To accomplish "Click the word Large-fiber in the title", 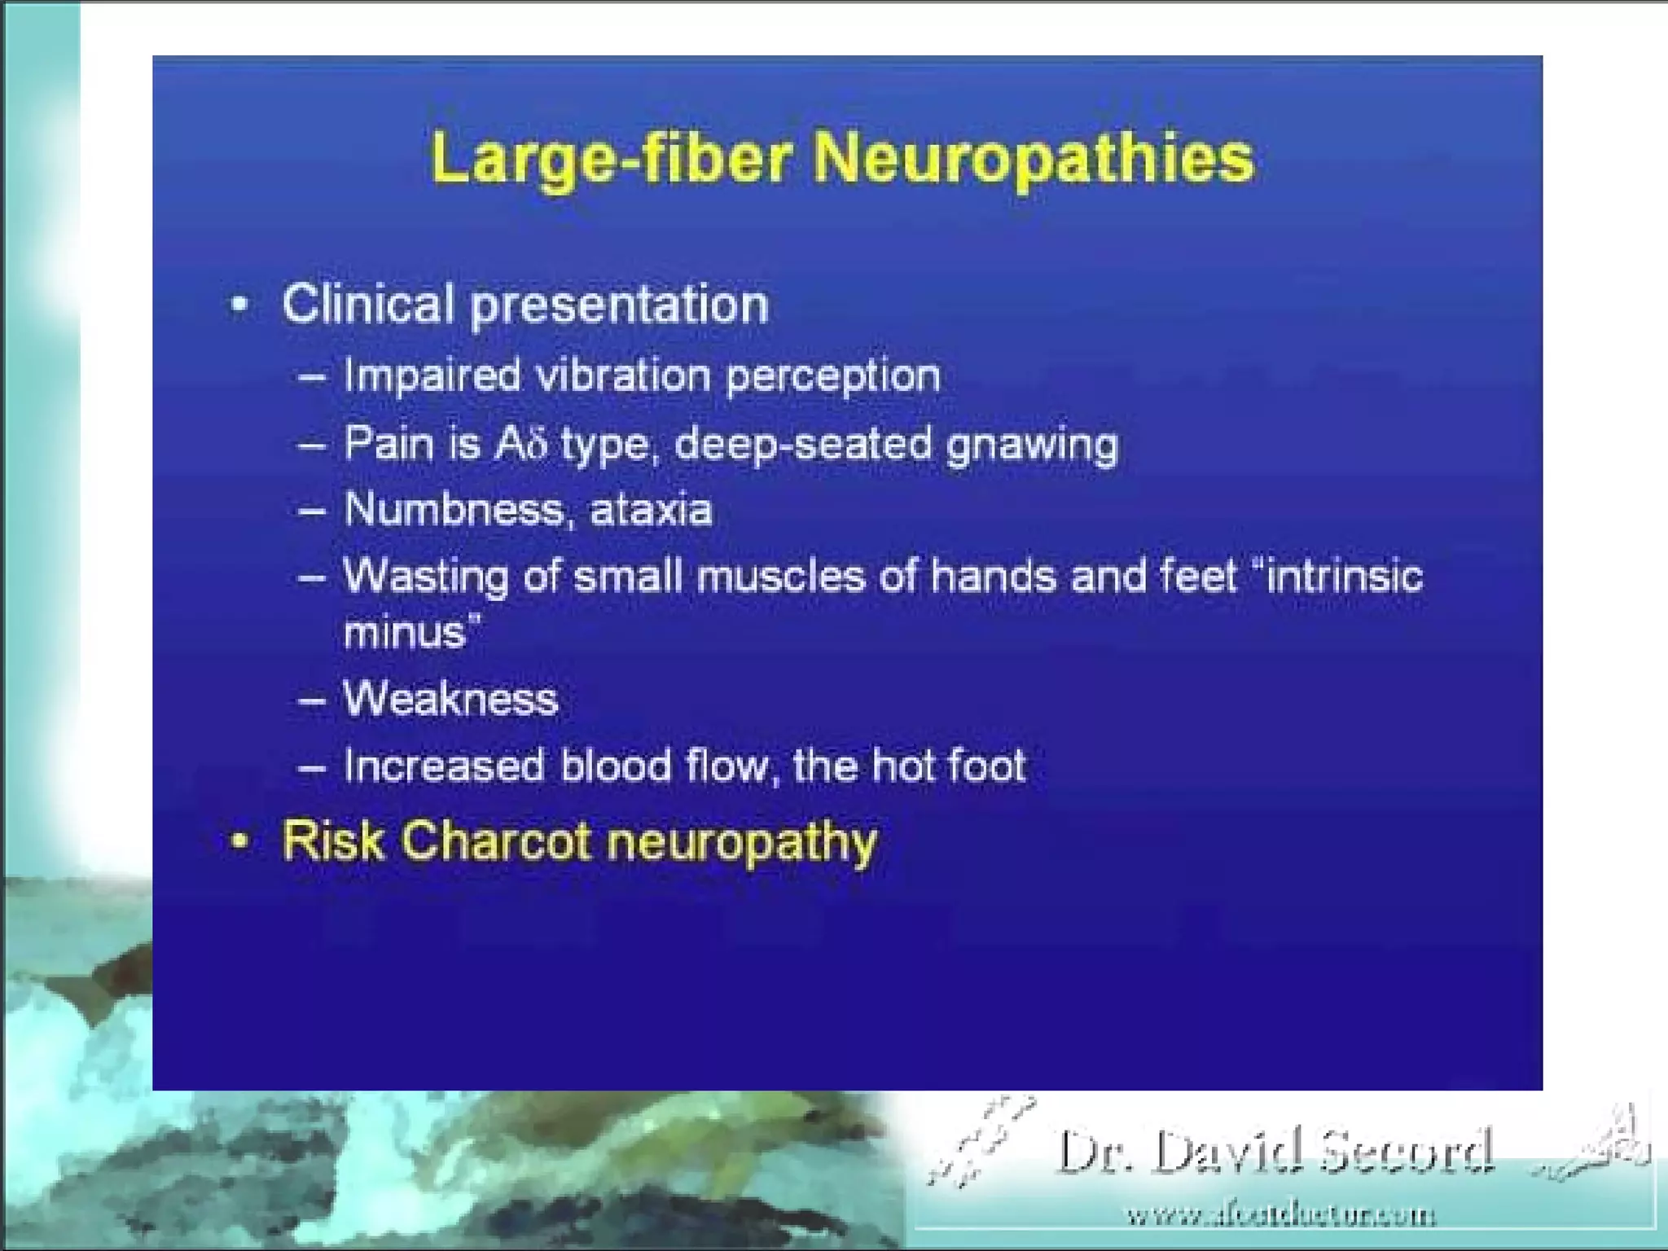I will pyautogui.click(x=611, y=158).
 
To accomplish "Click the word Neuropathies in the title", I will pyautogui.click(x=1034, y=158).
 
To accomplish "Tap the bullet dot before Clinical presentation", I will pyautogui.click(x=239, y=305).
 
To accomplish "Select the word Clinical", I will pyautogui.click(x=367, y=305).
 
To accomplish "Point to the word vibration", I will pyautogui.click(x=623, y=376).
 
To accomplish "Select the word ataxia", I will pyautogui.click(x=651, y=511).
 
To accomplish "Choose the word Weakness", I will pyautogui.click(x=450, y=699).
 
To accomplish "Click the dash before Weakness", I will pyautogui.click(x=312, y=700).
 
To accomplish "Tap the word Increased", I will pyautogui.click(x=443, y=766).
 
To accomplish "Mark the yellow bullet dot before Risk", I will pyautogui.click(x=239, y=841).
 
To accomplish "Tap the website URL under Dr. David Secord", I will pyautogui.click(x=1280, y=1216).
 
